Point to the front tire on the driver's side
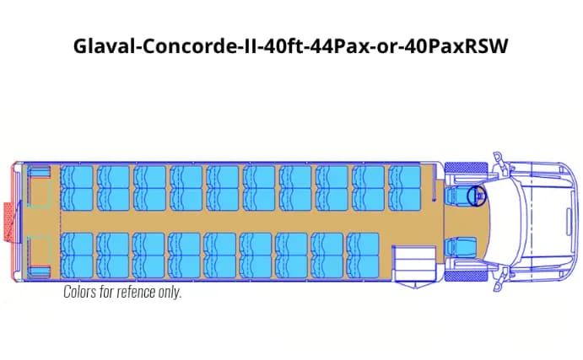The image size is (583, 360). (x=462, y=168)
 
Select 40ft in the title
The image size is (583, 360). (x=269, y=45)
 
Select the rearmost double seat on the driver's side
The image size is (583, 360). (x=78, y=187)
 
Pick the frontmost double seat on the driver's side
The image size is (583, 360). (x=405, y=187)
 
